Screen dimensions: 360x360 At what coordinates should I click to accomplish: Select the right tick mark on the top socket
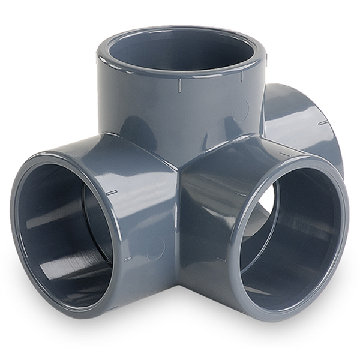[241, 77]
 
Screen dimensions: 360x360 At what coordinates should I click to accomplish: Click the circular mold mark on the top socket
[240, 111]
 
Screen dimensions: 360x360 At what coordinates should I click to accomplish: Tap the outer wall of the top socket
[150, 108]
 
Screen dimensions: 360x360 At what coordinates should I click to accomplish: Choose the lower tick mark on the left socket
[127, 259]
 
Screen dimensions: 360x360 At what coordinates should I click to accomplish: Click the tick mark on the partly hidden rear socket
[323, 123]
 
